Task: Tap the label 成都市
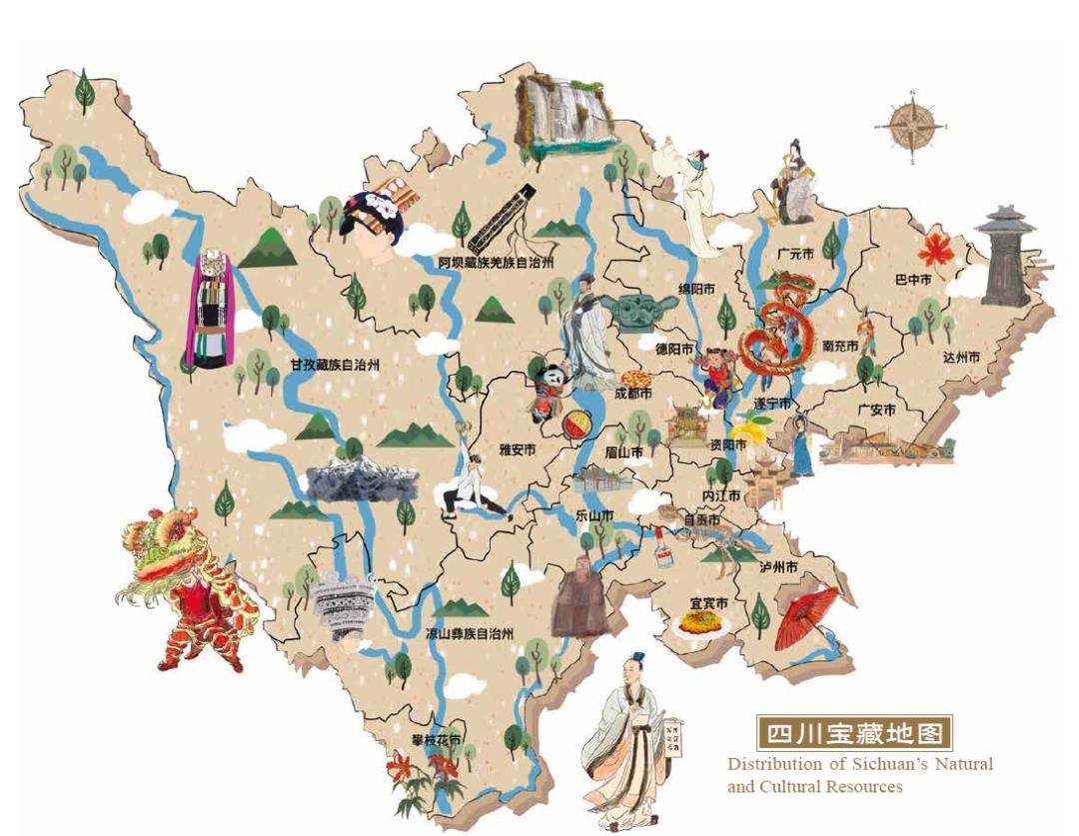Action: (632, 395)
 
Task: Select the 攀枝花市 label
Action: (436, 740)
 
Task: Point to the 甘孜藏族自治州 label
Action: (336, 366)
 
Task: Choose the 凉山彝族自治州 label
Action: (469, 633)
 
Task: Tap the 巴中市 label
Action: (913, 281)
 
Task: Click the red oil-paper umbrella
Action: (805, 615)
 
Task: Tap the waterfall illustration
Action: (562, 114)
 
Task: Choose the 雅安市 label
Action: (518, 450)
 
